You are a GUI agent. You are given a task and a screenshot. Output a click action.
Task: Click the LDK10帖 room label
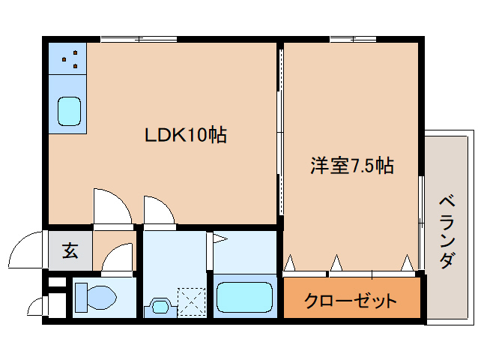pos(186,136)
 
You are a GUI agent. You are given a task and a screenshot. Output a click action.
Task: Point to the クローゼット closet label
pos(350,301)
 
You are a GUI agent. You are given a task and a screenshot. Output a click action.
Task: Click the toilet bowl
pos(96,297)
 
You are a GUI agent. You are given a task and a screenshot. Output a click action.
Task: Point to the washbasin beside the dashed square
pos(160,305)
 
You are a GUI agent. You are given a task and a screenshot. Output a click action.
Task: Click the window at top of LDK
pos(139,38)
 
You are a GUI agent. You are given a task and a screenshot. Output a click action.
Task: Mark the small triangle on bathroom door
pos(220,240)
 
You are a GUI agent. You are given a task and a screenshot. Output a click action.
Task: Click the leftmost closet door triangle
pos(290,262)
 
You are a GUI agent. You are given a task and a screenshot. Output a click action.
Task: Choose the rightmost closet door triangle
pos(407,262)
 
